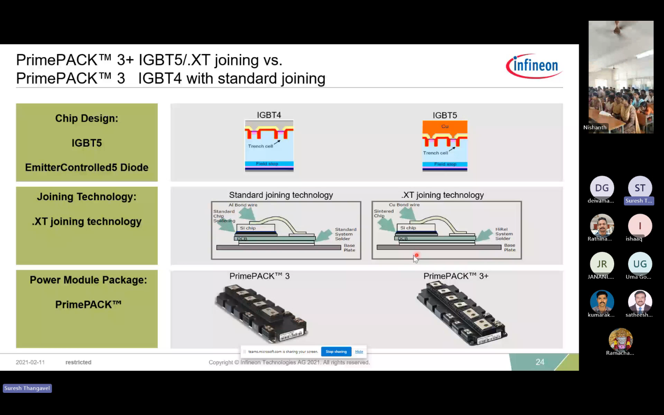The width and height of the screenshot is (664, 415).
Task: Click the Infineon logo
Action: click(x=534, y=66)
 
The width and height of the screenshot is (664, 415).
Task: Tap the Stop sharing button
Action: click(x=336, y=351)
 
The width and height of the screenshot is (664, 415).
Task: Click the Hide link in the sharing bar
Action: click(x=359, y=351)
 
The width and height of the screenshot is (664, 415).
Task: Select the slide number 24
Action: click(x=540, y=362)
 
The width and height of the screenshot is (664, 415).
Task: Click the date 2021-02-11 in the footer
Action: click(x=30, y=362)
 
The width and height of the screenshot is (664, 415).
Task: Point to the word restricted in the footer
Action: click(x=78, y=362)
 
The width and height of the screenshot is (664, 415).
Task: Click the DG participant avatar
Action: click(x=602, y=188)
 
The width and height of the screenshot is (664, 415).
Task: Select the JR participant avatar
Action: click(x=602, y=264)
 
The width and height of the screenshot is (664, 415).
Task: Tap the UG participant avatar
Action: click(x=640, y=264)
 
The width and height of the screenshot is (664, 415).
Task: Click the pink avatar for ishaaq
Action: click(x=640, y=225)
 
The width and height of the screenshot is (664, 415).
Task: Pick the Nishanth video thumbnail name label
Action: click(x=595, y=127)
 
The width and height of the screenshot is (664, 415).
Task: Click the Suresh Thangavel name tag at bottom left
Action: click(x=27, y=388)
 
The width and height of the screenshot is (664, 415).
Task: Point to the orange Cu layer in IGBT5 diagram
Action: click(x=445, y=127)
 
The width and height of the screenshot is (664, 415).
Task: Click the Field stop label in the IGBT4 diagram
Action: click(x=267, y=164)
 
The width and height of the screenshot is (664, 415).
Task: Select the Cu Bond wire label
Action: click(x=404, y=205)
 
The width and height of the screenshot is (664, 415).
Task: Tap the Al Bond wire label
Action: click(x=243, y=205)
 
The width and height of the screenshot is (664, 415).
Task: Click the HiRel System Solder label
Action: click(x=504, y=234)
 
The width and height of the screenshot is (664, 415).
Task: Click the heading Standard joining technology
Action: click(x=281, y=195)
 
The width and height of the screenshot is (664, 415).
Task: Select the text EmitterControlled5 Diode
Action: click(x=87, y=167)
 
